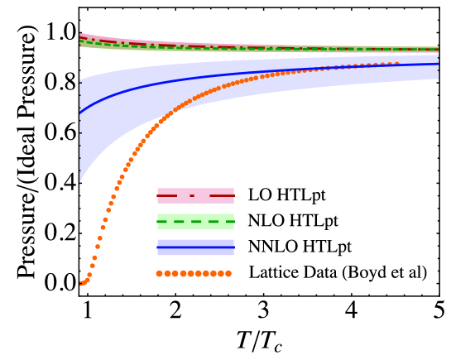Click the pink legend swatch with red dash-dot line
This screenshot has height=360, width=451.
coord(195,195)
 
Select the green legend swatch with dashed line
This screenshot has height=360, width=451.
coord(195,221)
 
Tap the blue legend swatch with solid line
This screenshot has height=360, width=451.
coord(195,247)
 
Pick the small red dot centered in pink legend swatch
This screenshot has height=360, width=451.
coord(192,195)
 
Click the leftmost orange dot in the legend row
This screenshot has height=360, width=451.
coord(160,273)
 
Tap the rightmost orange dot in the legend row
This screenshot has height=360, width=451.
coord(228,273)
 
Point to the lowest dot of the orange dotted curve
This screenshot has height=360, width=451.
coord(81,285)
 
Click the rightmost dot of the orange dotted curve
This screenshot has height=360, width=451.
coord(396,64)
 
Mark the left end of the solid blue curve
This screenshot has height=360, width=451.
coord(80,112)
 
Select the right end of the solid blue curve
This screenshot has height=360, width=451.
coord(438,64)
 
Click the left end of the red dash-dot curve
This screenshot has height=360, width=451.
coord(80,37)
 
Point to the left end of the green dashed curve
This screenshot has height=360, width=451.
coord(80,41)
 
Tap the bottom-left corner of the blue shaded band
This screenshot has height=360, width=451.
coord(80,180)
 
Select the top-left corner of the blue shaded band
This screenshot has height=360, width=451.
coord(80,81)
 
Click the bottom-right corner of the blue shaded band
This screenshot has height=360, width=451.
coord(438,79)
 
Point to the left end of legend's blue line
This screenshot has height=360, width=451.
coord(158,247)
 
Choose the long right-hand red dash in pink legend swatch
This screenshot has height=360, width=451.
coord(221,195)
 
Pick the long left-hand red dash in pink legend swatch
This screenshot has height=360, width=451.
coord(167,195)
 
